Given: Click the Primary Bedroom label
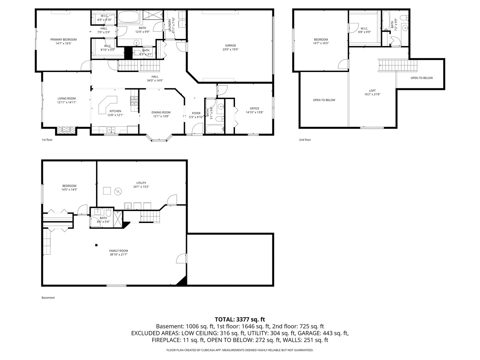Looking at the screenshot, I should coord(63,39).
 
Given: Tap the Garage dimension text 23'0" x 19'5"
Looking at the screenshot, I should coord(230,49).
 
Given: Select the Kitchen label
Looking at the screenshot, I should coord(115,111).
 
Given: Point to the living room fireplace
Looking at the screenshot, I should coord(66,130).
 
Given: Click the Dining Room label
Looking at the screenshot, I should coord(161,112).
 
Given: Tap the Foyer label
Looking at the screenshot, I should coord(196,113).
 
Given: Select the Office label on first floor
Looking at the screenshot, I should coord(254,108).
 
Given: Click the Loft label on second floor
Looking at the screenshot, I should coord(372,91).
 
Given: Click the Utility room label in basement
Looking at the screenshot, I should coord(141,183).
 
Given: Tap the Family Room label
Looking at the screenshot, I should coord(118,251).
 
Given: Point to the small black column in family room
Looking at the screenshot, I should coord(96,245).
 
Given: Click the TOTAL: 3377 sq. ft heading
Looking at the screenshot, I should coord(240,319).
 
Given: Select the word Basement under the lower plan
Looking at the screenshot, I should coord(48,298).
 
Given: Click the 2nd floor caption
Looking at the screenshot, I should coord(305,140).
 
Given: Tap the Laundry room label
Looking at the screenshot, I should coord(170,25).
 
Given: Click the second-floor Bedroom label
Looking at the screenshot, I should coord(321,39).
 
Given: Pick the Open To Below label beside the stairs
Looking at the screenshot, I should coord(421,78).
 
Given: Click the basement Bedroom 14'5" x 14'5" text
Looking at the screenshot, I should coord(69,189).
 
